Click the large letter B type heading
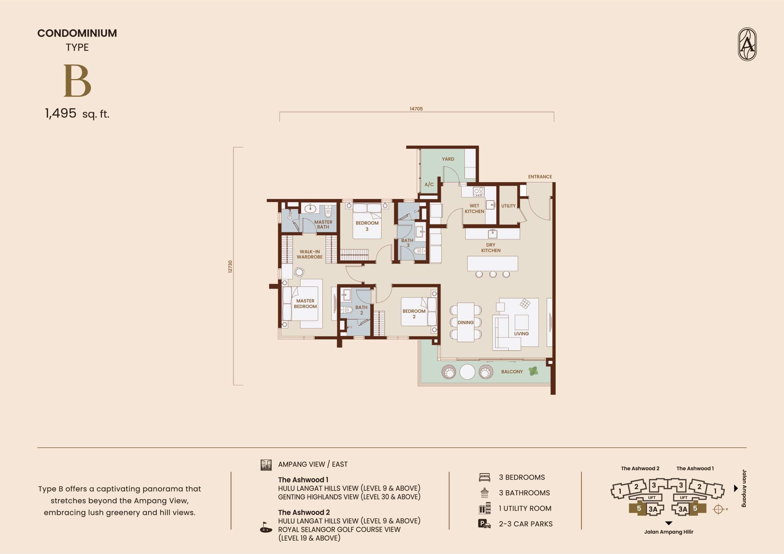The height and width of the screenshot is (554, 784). pos(77,81)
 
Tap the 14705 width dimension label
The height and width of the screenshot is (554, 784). pos(416,109)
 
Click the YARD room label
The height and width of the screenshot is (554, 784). pos(448,159)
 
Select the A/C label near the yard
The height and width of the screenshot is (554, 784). pos(429,184)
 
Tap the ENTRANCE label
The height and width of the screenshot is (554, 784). pos(540,177)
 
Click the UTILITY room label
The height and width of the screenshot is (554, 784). pos(508,206)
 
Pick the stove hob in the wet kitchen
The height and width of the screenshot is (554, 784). pos(478,192)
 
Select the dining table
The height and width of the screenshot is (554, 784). pos(466,322)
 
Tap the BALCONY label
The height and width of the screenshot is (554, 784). pos(512,372)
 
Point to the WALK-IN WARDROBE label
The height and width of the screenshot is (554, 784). pos(310,254)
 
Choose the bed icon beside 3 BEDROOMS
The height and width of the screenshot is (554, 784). pos(484,477)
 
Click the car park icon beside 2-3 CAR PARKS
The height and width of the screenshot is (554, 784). pos(484,524)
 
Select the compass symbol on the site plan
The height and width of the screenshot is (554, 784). pos(718,509)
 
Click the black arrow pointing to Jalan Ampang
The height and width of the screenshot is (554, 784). pos(736,488)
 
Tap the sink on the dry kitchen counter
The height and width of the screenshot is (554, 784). pos(492,234)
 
